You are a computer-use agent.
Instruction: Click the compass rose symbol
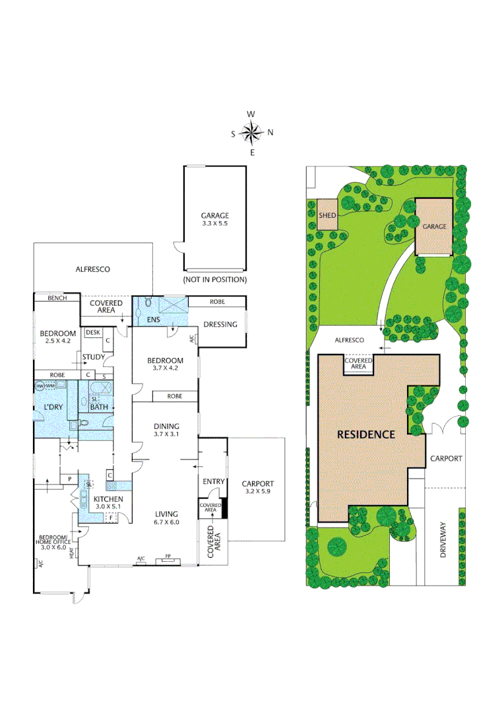(x=251, y=133)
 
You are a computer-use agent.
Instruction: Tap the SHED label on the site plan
(x=327, y=215)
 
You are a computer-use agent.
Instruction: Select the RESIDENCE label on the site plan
(x=366, y=434)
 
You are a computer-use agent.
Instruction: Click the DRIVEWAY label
(x=443, y=541)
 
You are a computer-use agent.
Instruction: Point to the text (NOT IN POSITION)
(x=215, y=280)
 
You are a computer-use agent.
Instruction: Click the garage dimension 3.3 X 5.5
(x=215, y=224)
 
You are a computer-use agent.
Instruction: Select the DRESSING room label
(x=220, y=324)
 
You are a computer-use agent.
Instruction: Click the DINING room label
(x=166, y=426)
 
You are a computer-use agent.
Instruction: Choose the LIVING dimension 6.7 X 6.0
(x=166, y=522)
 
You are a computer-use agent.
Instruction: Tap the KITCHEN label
(x=108, y=499)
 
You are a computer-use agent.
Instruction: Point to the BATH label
(x=99, y=407)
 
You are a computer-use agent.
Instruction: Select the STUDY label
(x=94, y=357)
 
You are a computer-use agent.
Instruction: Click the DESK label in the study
(x=93, y=333)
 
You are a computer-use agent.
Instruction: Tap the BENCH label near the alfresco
(x=57, y=298)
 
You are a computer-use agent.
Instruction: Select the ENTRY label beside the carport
(x=214, y=482)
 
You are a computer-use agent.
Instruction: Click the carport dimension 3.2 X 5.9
(x=257, y=492)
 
